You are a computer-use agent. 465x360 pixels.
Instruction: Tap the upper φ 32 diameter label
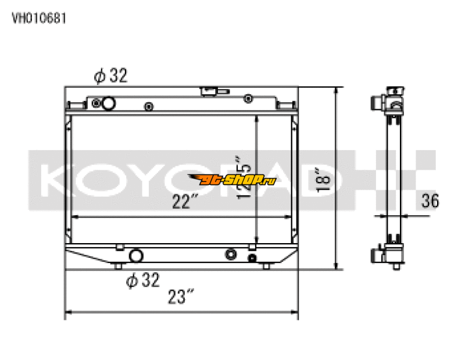click(110, 76)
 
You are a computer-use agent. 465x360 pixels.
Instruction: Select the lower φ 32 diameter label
click(142, 280)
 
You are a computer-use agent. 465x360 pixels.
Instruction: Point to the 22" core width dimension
click(185, 201)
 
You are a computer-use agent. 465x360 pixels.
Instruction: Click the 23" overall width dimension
click(180, 298)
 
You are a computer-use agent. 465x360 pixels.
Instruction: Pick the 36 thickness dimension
click(430, 201)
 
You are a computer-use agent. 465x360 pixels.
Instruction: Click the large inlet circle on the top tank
click(108, 104)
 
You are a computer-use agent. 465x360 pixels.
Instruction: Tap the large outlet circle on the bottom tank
click(136, 255)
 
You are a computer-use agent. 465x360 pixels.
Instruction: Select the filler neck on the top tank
click(208, 91)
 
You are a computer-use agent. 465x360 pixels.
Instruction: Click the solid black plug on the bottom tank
click(252, 258)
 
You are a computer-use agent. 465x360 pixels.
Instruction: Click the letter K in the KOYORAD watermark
click(53, 180)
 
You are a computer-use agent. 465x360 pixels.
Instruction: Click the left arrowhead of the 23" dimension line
click(67, 314)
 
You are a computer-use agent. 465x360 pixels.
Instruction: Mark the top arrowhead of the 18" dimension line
click(335, 91)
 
